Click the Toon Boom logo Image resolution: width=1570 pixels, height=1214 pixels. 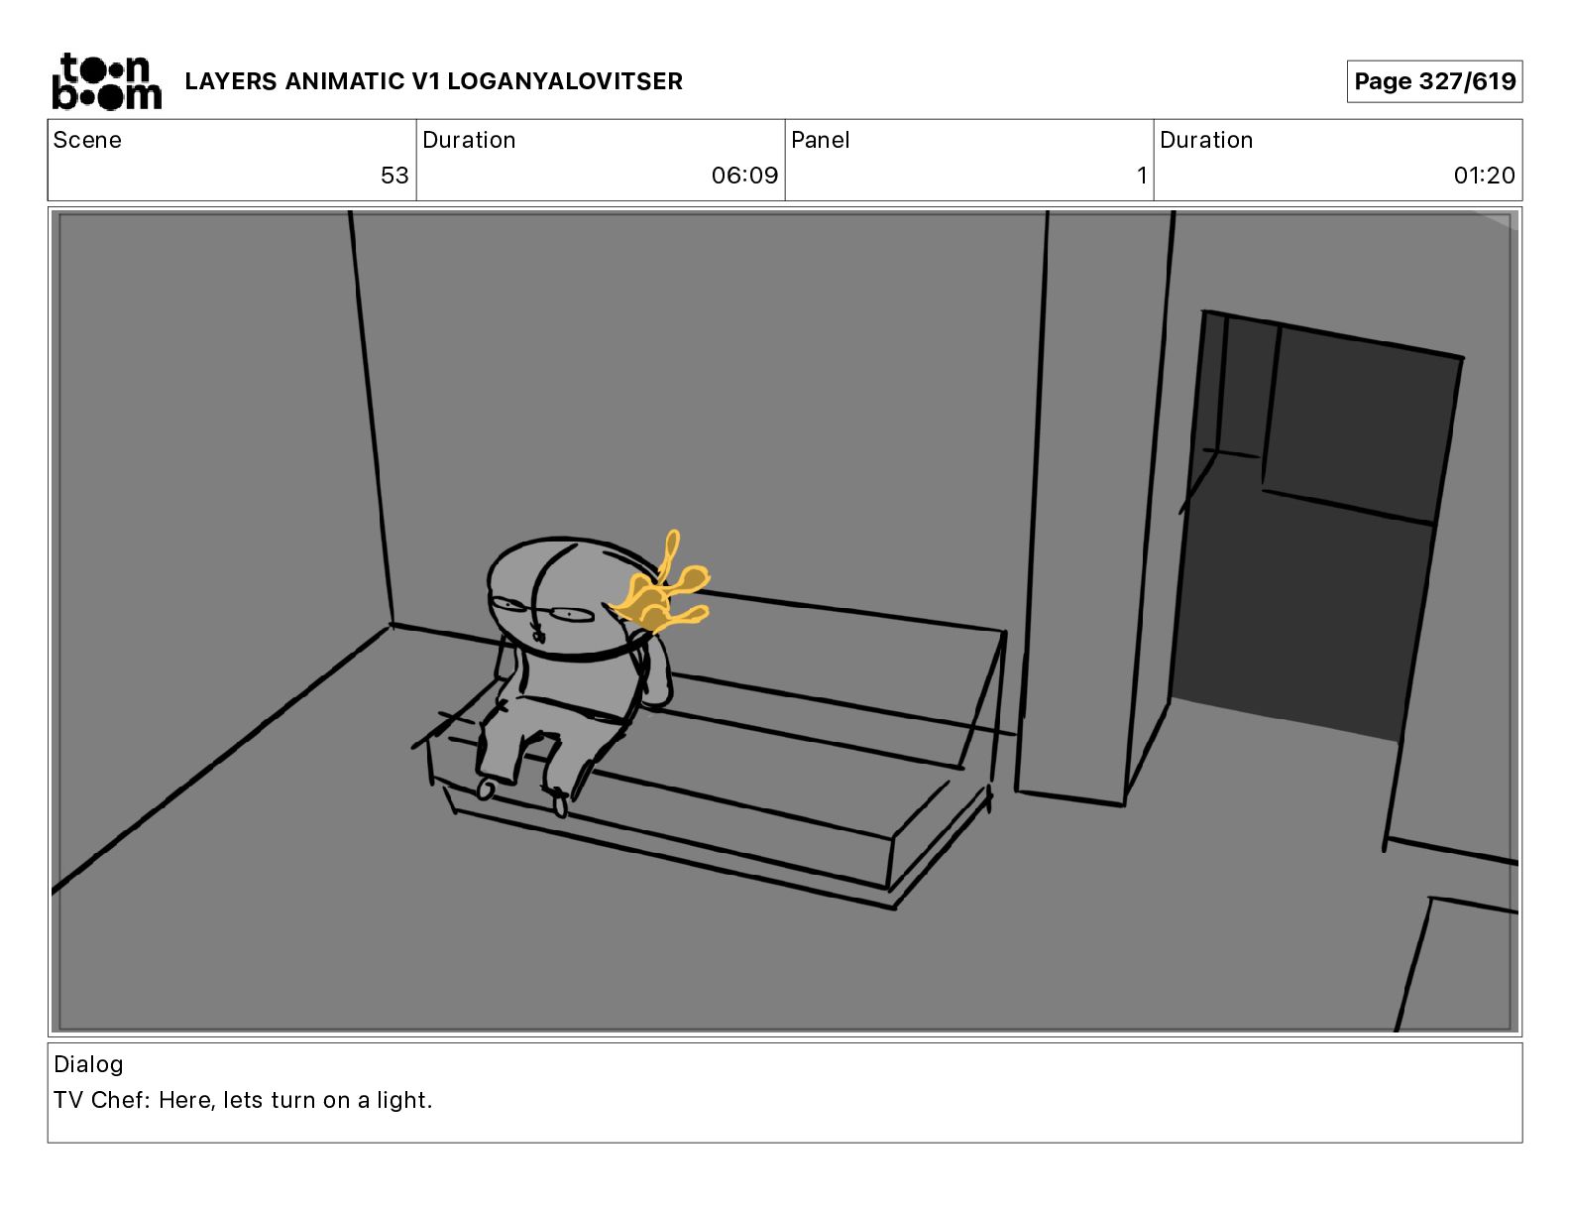[x=107, y=81]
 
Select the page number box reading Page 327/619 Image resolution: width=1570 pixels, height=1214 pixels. [x=1434, y=81]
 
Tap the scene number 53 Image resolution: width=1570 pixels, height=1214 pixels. [x=394, y=175]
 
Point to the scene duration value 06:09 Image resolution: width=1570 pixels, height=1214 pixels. [x=744, y=175]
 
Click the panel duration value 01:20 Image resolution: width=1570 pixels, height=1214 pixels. [x=1484, y=175]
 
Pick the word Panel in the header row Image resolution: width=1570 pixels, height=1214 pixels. [x=820, y=140]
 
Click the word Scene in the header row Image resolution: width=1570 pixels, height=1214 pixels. [x=87, y=140]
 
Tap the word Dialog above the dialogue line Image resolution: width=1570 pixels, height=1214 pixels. [x=88, y=1064]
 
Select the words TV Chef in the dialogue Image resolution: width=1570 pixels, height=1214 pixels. [x=100, y=1100]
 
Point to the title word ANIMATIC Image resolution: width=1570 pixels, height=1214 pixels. [x=345, y=81]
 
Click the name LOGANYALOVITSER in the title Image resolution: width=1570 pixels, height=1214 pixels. [x=565, y=81]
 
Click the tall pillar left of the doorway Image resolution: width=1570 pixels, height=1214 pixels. [x=1092, y=506]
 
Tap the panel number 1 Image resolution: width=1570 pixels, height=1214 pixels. [x=1142, y=175]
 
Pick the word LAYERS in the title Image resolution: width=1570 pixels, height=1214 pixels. [x=231, y=81]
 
